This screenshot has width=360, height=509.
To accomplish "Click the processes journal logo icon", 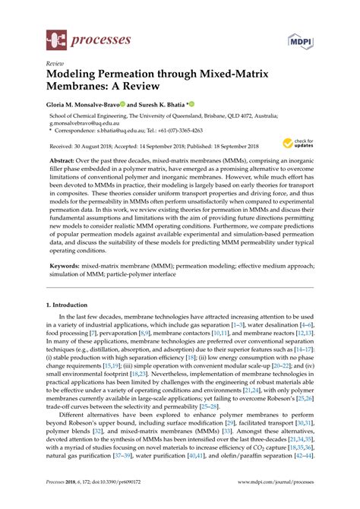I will click(56, 36).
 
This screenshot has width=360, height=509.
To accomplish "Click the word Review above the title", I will click(55, 64).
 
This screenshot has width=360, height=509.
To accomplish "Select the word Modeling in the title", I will click(78, 76).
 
